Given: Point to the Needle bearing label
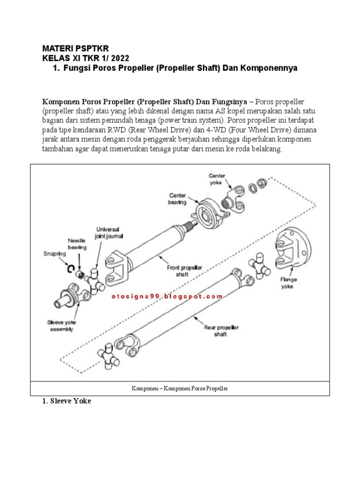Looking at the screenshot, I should point(77,243).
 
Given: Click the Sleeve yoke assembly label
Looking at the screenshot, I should point(62,325).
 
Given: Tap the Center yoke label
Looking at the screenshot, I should point(217,179).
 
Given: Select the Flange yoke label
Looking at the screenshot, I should point(289,283).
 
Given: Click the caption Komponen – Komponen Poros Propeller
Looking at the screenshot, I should point(180,389).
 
